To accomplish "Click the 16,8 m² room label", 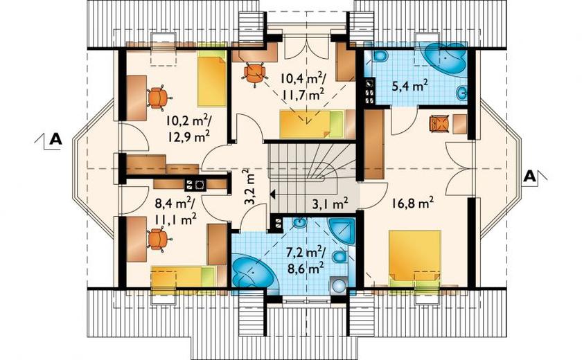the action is pyautogui.click(x=413, y=203).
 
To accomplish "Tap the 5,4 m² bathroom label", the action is pyautogui.click(x=409, y=86).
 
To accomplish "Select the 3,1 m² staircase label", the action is pyautogui.click(x=330, y=203).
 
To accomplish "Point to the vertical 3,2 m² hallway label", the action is pyautogui.click(x=250, y=187).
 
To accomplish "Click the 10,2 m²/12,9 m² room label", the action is pyautogui.click(x=188, y=128).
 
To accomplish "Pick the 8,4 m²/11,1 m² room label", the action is pyautogui.click(x=176, y=212).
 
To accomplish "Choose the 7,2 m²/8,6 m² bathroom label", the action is pyautogui.click(x=306, y=260).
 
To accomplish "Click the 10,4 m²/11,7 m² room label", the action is pyautogui.click(x=303, y=87).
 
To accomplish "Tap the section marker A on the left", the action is pyautogui.click(x=55, y=139).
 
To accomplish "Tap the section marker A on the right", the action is pyautogui.click(x=529, y=176).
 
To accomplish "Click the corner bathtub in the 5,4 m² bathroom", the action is pyautogui.click(x=444, y=60).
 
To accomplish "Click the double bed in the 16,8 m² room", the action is pyautogui.click(x=414, y=258).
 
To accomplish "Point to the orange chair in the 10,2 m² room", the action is pyautogui.click(x=159, y=98).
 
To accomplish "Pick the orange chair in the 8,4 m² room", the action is pyautogui.click(x=159, y=239).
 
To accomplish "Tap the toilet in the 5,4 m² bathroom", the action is pyautogui.click(x=380, y=56).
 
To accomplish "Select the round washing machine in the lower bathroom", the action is pyautogui.click(x=339, y=285).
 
